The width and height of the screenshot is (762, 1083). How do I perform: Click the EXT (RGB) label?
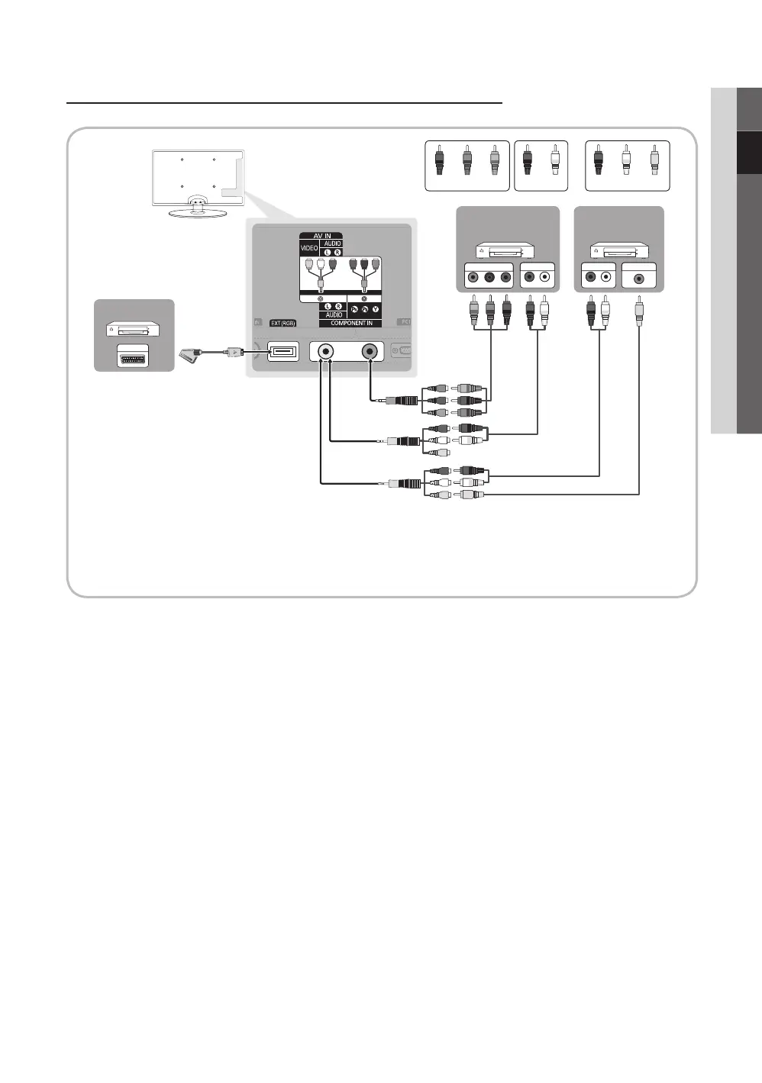click(x=283, y=324)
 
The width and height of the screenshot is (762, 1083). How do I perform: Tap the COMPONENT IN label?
click(x=351, y=324)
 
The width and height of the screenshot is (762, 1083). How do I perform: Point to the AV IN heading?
click(x=321, y=236)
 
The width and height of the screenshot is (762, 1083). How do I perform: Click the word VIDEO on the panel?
click(x=309, y=249)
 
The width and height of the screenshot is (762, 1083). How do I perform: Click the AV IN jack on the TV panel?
click(x=326, y=351)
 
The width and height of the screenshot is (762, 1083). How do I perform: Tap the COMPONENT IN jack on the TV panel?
click(x=370, y=351)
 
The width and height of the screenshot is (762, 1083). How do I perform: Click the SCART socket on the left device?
click(x=134, y=358)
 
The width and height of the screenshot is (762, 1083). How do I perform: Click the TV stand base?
click(x=197, y=209)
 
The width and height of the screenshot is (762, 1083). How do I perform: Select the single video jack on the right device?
click(x=638, y=278)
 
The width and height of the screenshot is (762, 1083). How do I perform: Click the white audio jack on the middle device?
click(x=545, y=278)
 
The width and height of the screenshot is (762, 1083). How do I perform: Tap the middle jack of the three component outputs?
click(x=489, y=278)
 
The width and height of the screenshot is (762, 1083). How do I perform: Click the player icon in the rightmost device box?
click(x=618, y=249)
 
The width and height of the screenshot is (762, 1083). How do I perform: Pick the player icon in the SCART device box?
click(x=134, y=329)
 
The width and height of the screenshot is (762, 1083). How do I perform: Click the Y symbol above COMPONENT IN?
click(x=376, y=309)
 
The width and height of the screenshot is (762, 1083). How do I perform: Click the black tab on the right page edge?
click(x=749, y=153)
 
